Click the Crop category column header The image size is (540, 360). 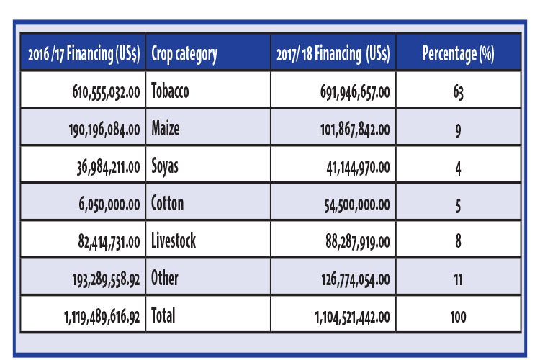click(x=184, y=54)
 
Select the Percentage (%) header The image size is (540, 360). click(x=459, y=54)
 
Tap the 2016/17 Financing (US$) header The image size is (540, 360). click(x=84, y=54)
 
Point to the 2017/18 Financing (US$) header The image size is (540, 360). click(x=333, y=54)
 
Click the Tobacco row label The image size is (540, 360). click(x=170, y=91)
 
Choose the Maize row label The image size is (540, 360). click(x=166, y=128)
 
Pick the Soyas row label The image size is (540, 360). click(x=165, y=167)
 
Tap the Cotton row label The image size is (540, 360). click(x=167, y=203)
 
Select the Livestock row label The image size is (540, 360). click(x=174, y=240)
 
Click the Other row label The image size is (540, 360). click(x=165, y=278)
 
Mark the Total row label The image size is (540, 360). click(x=163, y=315)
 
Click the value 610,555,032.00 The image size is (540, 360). click(x=106, y=92)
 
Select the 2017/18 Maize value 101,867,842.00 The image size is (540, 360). click(x=355, y=130)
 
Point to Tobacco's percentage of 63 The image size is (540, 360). click(x=459, y=92)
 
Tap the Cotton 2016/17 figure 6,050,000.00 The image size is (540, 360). click(x=109, y=204)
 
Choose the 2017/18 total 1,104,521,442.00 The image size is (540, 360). click(x=352, y=317)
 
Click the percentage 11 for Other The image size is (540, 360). click(x=458, y=279)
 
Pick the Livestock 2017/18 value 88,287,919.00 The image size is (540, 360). click(x=358, y=242)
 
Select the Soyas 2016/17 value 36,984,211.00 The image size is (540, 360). click(x=109, y=168)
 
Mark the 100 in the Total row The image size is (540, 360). click(x=458, y=317)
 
